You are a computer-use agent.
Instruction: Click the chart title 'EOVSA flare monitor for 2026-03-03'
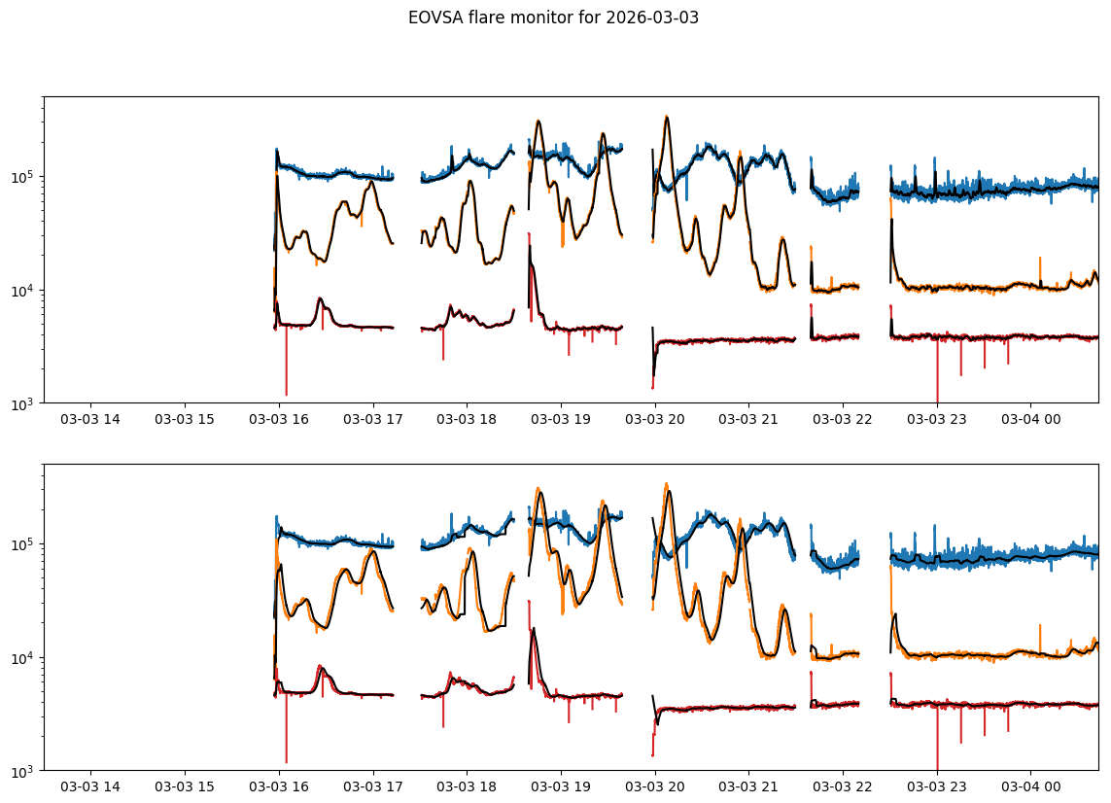[x=553, y=17]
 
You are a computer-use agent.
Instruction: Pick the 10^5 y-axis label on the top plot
[x=23, y=177]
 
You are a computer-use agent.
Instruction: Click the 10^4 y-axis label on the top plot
[x=23, y=291]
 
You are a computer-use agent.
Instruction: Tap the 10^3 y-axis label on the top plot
[x=23, y=403]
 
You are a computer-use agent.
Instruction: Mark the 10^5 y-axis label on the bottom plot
[x=23, y=544]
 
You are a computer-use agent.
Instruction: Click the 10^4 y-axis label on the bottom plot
[x=23, y=658]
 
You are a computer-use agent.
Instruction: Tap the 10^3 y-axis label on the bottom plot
[x=23, y=771]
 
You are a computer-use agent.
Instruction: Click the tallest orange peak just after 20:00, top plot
[x=666, y=118]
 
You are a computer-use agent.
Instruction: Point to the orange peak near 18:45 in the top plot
[x=538, y=122]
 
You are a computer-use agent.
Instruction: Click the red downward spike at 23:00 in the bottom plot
[x=937, y=766]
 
